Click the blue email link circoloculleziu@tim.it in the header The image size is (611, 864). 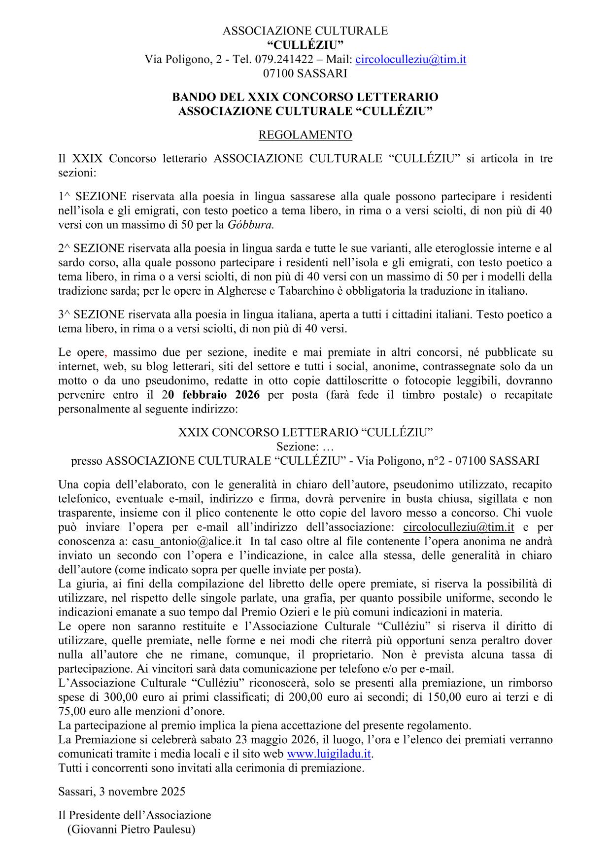(x=410, y=60)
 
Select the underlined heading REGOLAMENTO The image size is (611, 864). (x=305, y=135)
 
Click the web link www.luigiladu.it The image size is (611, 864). (x=329, y=754)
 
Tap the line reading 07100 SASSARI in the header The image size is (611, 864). (x=305, y=73)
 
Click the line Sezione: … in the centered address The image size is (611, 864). (x=305, y=447)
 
